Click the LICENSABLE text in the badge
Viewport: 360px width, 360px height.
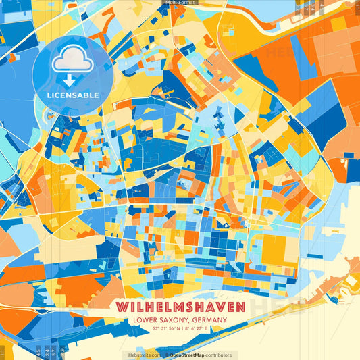pos(73,95)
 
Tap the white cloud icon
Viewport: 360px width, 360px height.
pos(73,63)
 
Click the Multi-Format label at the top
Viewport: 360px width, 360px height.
pos(180,3)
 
